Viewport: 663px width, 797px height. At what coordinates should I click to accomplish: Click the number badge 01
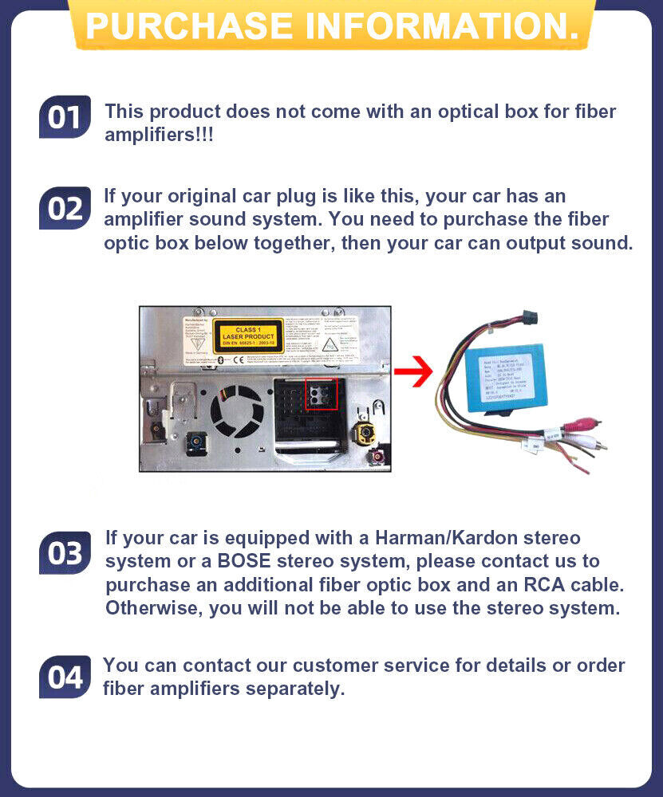click(64, 117)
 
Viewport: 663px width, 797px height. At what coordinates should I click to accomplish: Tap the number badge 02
click(64, 208)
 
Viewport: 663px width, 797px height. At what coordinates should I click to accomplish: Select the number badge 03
click(64, 553)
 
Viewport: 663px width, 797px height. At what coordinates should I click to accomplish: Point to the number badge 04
click(64, 677)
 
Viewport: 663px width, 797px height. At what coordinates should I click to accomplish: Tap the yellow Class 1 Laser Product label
click(248, 336)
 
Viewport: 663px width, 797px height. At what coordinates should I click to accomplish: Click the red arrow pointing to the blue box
click(412, 372)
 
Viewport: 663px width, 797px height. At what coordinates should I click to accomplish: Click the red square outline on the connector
click(322, 395)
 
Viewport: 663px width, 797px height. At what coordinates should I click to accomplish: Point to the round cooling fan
click(237, 412)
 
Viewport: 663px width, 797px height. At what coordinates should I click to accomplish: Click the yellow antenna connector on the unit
click(366, 434)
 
